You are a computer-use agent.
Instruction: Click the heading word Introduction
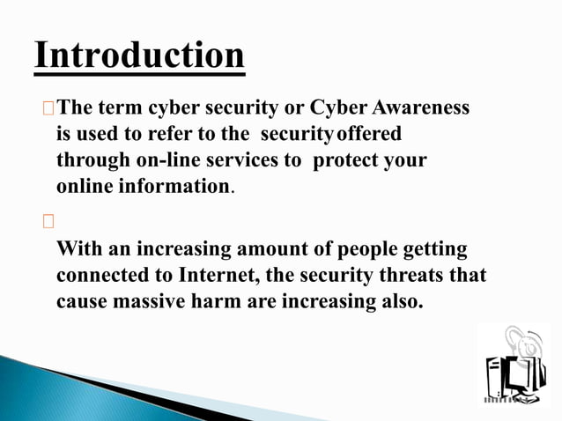[139, 55]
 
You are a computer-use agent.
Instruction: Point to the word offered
[370, 135]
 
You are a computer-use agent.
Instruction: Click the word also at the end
[397, 302]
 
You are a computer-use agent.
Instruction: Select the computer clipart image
[514, 365]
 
